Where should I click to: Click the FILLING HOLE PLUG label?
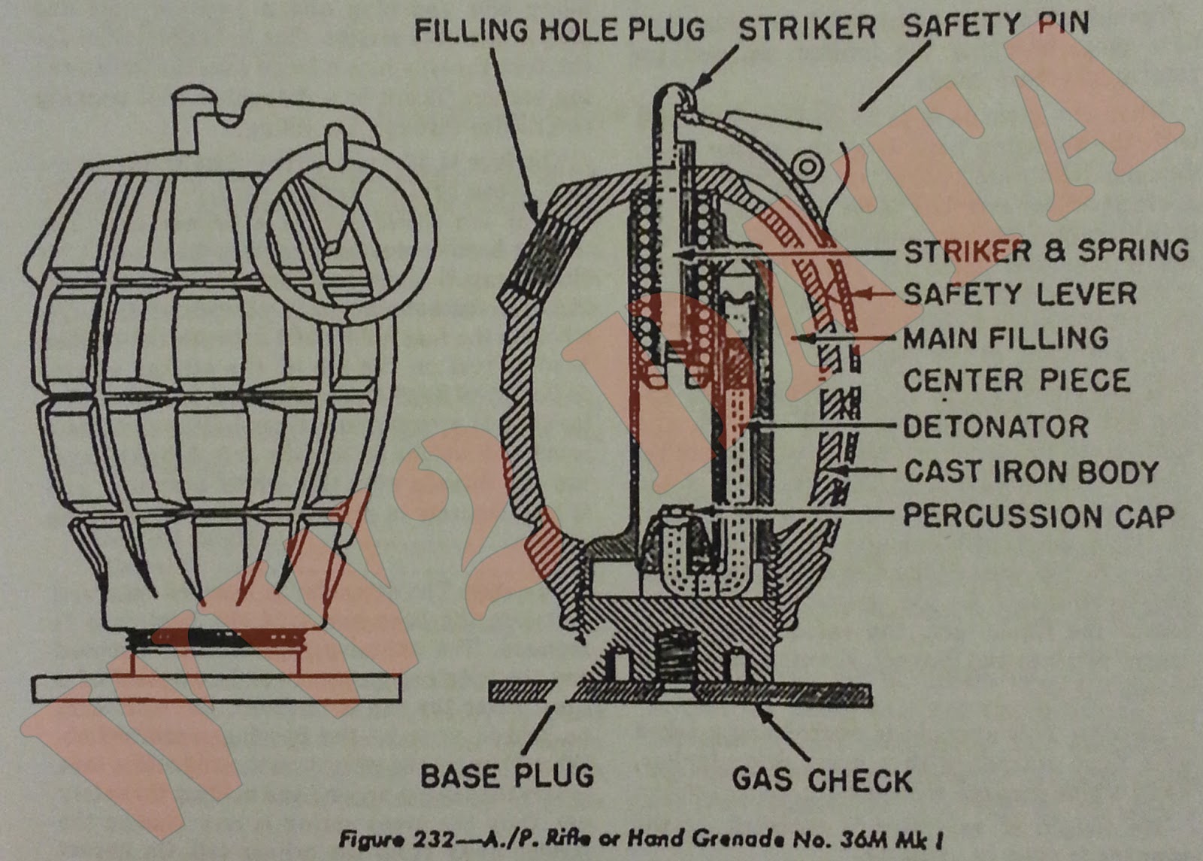pyautogui.click(x=559, y=30)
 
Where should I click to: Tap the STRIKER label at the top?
pyautogui.click(x=807, y=29)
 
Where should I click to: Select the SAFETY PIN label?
pyautogui.click(x=995, y=26)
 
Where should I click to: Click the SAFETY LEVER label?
pyautogui.click(x=1020, y=294)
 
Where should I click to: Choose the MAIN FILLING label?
pyautogui.click(x=1005, y=338)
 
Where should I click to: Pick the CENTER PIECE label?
pyautogui.click(x=1016, y=380)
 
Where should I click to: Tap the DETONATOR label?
pyautogui.click(x=995, y=427)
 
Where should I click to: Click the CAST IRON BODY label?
pyautogui.click(x=1031, y=472)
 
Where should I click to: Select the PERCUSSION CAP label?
pyautogui.click(x=1038, y=516)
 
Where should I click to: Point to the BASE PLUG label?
pyautogui.click(x=507, y=776)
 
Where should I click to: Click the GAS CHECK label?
pyautogui.click(x=822, y=780)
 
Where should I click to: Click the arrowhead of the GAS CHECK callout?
pyautogui.click(x=760, y=711)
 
